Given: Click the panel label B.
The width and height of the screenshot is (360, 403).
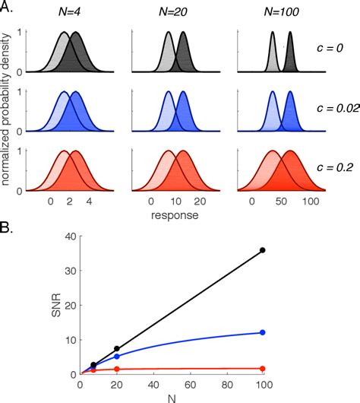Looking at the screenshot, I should click(x=8, y=226).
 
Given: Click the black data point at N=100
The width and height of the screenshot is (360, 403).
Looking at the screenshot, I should click(x=263, y=250).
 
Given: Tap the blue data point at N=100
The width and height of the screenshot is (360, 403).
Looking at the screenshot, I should click(x=263, y=332).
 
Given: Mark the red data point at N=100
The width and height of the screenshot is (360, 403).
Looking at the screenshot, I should click(x=263, y=368).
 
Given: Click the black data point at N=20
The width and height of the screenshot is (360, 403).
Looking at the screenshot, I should click(x=116, y=348).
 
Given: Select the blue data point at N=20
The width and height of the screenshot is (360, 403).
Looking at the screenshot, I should click(x=116, y=356).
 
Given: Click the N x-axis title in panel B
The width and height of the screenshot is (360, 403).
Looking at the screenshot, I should click(x=171, y=397).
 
